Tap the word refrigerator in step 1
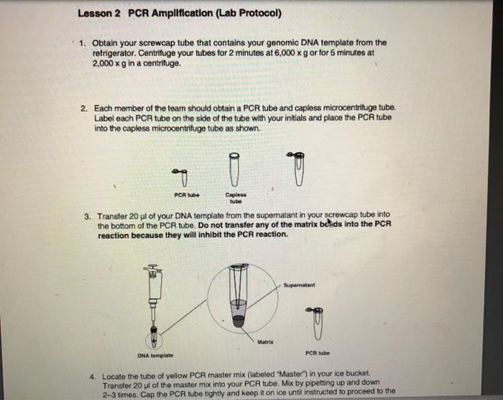[118, 52]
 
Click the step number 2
[84, 108]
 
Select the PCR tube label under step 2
[187, 195]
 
